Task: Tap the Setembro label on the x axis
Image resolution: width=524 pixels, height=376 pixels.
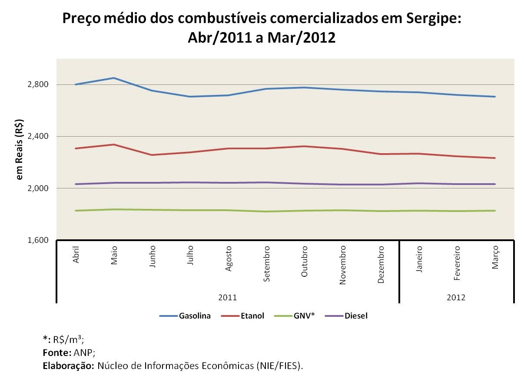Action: [x=267, y=264]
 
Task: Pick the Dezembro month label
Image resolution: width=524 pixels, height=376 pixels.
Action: [x=381, y=265]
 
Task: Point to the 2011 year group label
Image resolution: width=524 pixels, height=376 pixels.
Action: [x=228, y=298]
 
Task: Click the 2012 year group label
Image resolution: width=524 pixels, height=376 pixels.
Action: [x=456, y=298]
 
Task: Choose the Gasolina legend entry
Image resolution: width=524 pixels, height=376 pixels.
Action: [x=194, y=316]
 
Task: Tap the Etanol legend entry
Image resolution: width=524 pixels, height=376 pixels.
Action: [x=252, y=316]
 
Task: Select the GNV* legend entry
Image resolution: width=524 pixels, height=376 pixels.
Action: [x=305, y=316]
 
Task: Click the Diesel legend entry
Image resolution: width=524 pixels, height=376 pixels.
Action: [x=356, y=316]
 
